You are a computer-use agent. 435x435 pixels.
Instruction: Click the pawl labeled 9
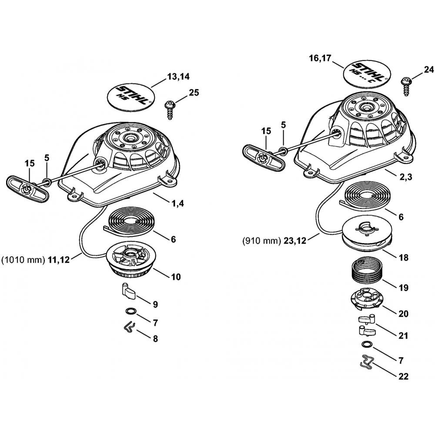pyautogui.click(x=128, y=292)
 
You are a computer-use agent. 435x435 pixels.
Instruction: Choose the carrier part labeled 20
pyautogui.click(x=366, y=300)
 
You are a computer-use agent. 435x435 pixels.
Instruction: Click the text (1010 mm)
pyautogui.click(x=23, y=261)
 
